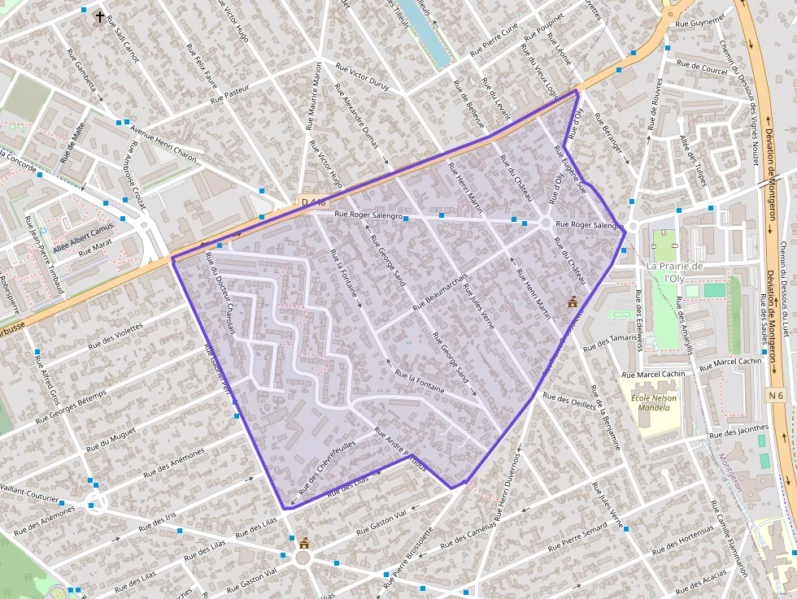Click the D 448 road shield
pos(313,202)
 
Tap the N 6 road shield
pos(776,394)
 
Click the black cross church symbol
pos(100,16)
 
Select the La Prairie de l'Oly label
pos(674,271)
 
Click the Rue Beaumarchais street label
pos(440,292)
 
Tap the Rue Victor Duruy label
pos(363,81)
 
